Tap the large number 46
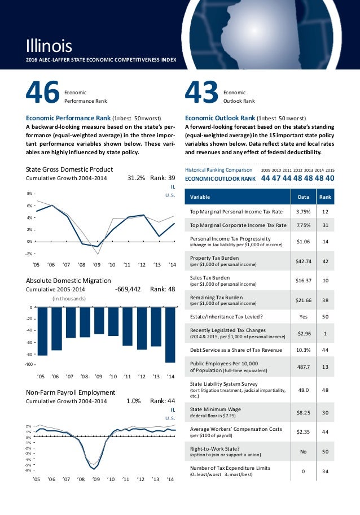pos(43,94)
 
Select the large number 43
pos(201,94)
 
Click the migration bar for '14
pos(170,335)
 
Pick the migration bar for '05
pos(42,331)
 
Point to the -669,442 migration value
pos(128,289)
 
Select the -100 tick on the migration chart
pos(29,365)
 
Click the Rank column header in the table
pos(325,197)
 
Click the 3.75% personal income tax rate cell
pos(301,212)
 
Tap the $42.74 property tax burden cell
pos(301,261)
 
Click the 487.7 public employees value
pos(301,366)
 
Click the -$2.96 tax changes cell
pos(301,333)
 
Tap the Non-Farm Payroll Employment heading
pos(71,392)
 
